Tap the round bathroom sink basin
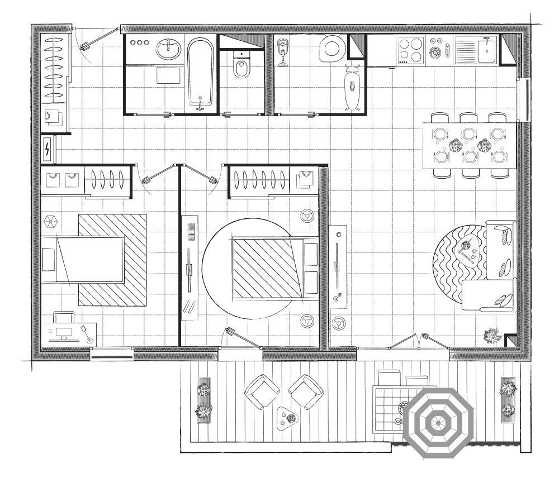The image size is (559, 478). point(167,50)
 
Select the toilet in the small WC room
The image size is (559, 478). point(242,68)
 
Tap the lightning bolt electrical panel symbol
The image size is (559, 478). point(48,149)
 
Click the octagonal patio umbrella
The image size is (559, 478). point(439,423)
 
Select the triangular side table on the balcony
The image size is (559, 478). point(289,417)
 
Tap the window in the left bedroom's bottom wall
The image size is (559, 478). point(111,352)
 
